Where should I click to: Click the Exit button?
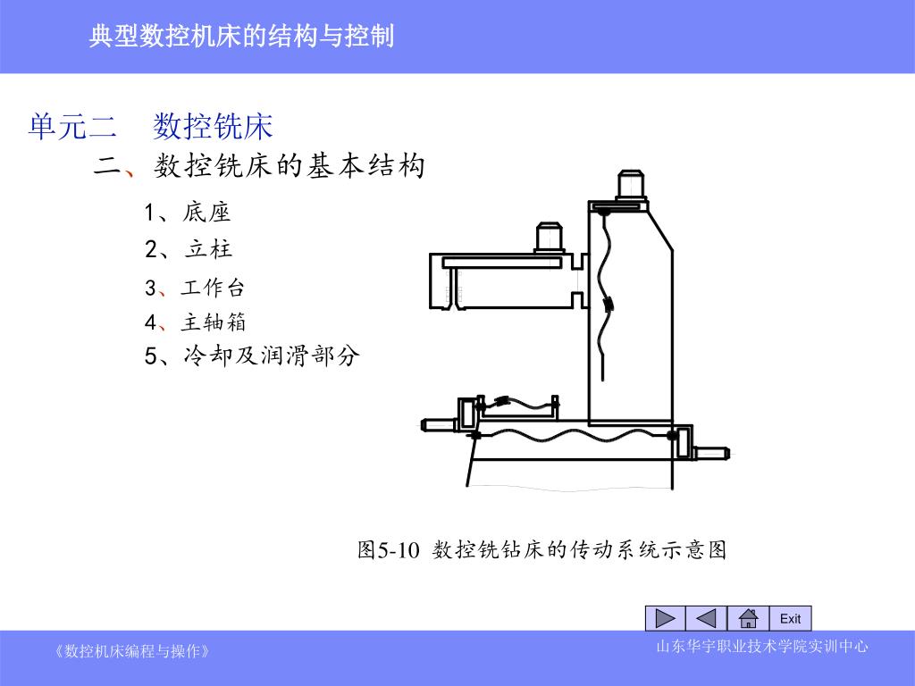point(791,618)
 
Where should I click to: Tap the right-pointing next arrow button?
point(665,618)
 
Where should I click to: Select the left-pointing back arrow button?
point(706,618)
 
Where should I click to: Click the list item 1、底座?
point(188,212)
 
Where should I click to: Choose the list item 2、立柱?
point(189,249)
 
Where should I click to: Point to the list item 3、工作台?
point(194,287)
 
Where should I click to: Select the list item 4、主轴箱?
point(195,322)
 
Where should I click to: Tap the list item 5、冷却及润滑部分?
point(251,356)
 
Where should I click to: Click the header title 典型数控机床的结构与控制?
point(241,36)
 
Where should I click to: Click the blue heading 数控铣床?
point(213,126)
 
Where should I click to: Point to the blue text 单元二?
point(72,126)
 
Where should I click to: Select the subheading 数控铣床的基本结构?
point(289,165)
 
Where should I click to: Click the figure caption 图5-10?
point(388,549)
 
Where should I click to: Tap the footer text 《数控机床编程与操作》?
point(132,651)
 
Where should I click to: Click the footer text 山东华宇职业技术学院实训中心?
point(762,647)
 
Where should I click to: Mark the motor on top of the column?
point(630,186)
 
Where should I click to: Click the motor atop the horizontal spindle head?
point(549,238)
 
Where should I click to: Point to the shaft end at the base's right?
point(712,453)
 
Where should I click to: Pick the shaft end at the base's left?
point(440,424)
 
